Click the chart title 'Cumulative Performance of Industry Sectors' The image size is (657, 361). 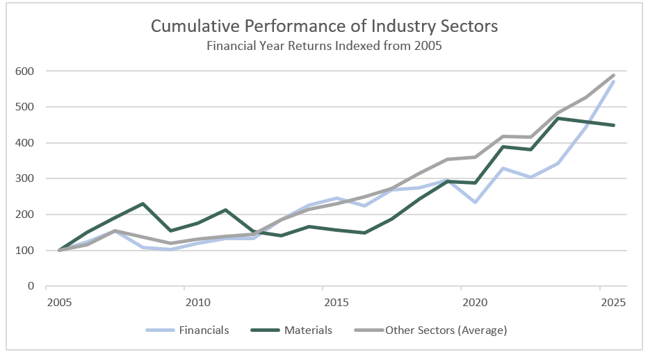pyautogui.click(x=325, y=27)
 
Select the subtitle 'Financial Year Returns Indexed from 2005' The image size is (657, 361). pyautogui.click(x=325, y=47)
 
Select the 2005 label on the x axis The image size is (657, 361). pyautogui.click(x=60, y=303)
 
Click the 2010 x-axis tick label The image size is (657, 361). pyautogui.click(x=197, y=303)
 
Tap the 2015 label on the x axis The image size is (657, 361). pyautogui.click(x=336, y=303)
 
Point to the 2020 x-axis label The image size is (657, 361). pyautogui.click(x=474, y=303)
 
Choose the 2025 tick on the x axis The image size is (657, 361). pyautogui.click(x=613, y=303)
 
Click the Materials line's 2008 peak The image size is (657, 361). pyautogui.click(x=143, y=203)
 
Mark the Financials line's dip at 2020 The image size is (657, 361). pyautogui.click(x=474, y=202)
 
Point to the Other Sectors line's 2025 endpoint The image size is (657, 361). pyautogui.click(x=613, y=75)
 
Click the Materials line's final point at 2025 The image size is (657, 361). pyautogui.click(x=613, y=126)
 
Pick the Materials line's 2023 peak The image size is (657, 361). pyautogui.click(x=558, y=118)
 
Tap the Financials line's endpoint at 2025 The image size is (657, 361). pyautogui.click(x=613, y=82)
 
